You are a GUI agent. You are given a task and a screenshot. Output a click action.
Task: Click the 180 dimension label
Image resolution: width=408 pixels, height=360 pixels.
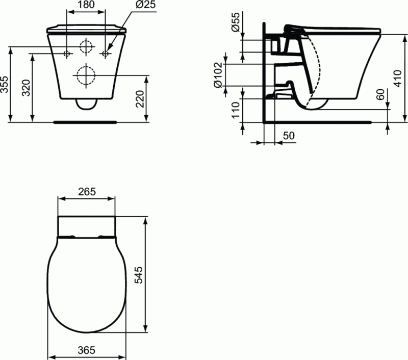pos(86,5)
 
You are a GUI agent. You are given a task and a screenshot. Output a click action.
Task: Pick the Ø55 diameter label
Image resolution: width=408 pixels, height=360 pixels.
pos(236,23)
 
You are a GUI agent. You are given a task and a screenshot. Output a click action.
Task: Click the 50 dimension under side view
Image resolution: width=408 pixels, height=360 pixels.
pos(288,135)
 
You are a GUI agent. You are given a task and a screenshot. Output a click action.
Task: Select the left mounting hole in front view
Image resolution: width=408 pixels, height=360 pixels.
pos(67,53)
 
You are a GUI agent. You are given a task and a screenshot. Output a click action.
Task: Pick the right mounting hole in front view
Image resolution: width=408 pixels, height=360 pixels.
pos(105,53)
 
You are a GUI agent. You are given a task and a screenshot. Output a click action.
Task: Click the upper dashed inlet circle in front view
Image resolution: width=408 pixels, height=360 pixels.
pos(86,47)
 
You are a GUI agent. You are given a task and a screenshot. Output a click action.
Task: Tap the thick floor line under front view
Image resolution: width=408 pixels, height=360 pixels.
pos(86,122)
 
